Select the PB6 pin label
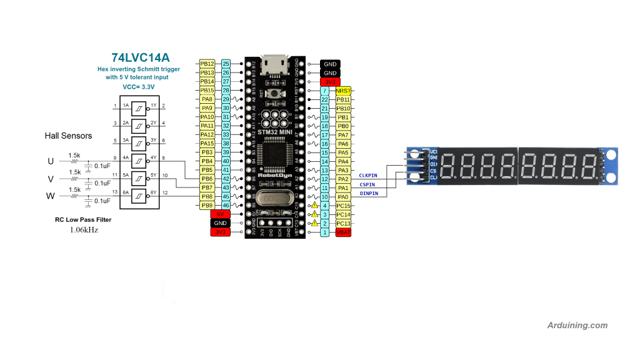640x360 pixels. click(207, 179)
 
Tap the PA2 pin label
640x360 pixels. click(342, 179)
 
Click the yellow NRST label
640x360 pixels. click(342, 91)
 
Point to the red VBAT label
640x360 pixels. click(342, 232)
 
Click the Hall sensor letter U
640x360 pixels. click(51, 161)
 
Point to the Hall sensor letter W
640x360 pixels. click(51, 196)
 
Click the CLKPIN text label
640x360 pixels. click(368, 176)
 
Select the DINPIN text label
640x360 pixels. click(368, 193)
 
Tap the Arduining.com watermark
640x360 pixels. click(577, 325)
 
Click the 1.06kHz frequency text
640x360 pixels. click(83, 230)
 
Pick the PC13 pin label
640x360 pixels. click(342, 223)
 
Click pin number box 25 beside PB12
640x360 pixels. click(226, 64)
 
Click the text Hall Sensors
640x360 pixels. click(68, 136)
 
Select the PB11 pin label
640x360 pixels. click(342, 99)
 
